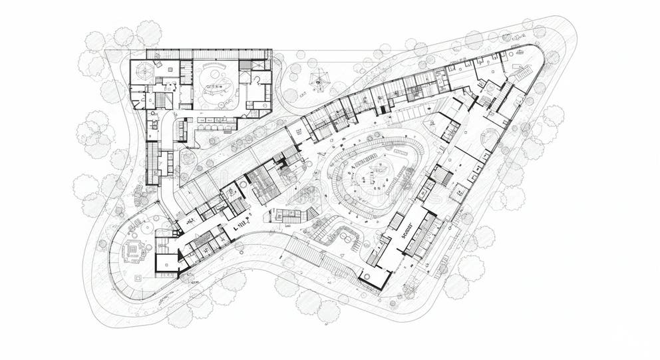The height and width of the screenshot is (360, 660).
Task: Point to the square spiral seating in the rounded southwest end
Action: click(x=136, y=250)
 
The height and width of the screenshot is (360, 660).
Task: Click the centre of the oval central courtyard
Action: click(x=375, y=174)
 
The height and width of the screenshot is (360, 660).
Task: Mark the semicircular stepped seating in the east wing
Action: click(x=493, y=138)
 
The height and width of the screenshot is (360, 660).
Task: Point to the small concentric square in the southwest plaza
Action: click(x=138, y=277)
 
